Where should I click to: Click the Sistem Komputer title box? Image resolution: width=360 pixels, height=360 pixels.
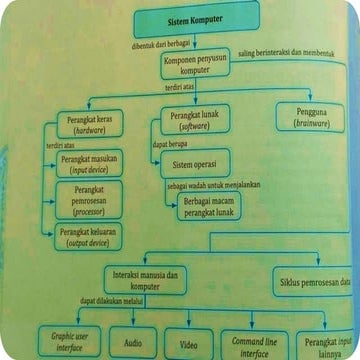(x=196, y=18)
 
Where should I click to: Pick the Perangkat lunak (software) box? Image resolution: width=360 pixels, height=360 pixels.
(x=198, y=121)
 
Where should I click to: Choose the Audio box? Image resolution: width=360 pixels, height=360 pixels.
(x=133, y=341)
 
